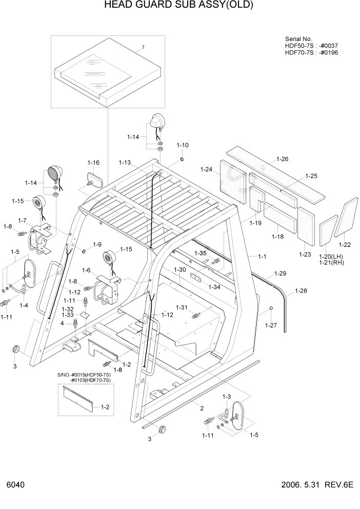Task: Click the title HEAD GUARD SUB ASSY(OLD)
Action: pyautogui.click(x=179, y=6)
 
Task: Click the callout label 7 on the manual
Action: pyautogui.click(x=143, y=47)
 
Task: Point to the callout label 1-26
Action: pyautogui.click(x=282, y=159)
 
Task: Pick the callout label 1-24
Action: pyautogui.click(x=206, y=169)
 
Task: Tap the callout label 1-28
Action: pyautogui.click(x=301, y=291)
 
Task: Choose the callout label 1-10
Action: pyautogui.click(x=183, y=145)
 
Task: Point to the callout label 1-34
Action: pyautogui.click(x=214, y=287)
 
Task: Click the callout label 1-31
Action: pyautogui.click(x=182, y=307)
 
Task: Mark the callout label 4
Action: pyautogui.click(x=62, y=323)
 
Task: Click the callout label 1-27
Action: pyautogui.click(x=271, y=325)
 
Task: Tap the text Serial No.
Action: pyautogui.click(x=298, y=39)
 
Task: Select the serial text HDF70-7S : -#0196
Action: pyautogui.click(x=311, y=52)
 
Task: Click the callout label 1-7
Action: pyautogui.click(x=22, y=221)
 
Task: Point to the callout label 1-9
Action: pyautogui.click(x=97, y=244)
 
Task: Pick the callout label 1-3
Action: pyautogui.click(x=226, y=397)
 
